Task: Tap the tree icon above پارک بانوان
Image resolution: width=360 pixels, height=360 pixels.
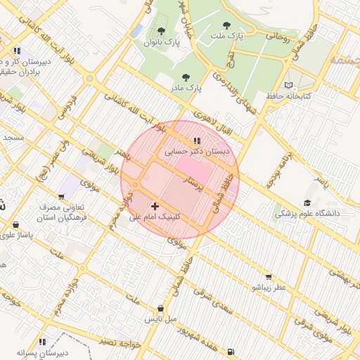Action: tap(162, 32)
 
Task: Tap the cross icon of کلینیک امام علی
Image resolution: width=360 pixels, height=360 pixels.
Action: tap(155, 206)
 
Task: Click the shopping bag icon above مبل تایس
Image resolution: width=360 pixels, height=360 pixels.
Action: tap(161, 308)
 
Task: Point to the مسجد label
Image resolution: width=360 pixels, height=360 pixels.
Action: tap(13, 137)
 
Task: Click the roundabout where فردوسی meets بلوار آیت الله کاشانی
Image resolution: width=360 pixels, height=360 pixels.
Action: tap(90, 79)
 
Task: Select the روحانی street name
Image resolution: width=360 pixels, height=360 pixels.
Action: tap(276, 35)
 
